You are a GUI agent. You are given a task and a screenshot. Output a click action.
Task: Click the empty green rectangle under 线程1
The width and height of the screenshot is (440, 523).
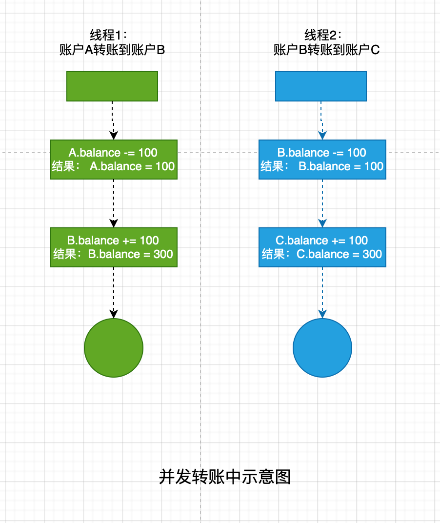point(112,86)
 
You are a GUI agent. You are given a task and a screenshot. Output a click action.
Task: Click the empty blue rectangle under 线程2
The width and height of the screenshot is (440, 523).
point(320,86)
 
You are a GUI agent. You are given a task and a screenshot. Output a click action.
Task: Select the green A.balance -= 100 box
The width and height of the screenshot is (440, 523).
point(114,160)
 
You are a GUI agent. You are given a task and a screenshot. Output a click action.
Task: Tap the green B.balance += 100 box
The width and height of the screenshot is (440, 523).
point(114,247)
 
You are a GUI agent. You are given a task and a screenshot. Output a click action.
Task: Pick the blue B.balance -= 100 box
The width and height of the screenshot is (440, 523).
point(322,160)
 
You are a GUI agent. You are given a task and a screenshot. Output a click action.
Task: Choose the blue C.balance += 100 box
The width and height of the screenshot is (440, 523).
point(322,247)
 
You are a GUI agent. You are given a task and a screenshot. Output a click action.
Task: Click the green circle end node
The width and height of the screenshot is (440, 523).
point(114,348)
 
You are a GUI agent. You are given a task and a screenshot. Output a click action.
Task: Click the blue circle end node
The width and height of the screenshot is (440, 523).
point(322,348)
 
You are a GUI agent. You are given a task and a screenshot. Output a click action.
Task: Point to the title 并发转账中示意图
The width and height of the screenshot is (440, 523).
point(225,477)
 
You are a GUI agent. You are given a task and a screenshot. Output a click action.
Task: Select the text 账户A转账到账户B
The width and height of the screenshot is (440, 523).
point(112,50)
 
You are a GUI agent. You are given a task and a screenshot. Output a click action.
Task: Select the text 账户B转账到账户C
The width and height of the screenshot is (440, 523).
point(326,50)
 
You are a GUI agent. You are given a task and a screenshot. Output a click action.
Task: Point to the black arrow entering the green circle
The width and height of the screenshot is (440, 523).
point(114,293)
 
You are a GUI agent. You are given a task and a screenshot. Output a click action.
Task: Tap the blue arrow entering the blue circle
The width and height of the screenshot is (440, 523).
point(322,293)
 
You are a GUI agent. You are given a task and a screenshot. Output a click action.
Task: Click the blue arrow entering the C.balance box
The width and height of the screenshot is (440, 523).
point(322,203)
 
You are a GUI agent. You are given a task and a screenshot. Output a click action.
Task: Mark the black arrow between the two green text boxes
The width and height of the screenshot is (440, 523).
point(114,203)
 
